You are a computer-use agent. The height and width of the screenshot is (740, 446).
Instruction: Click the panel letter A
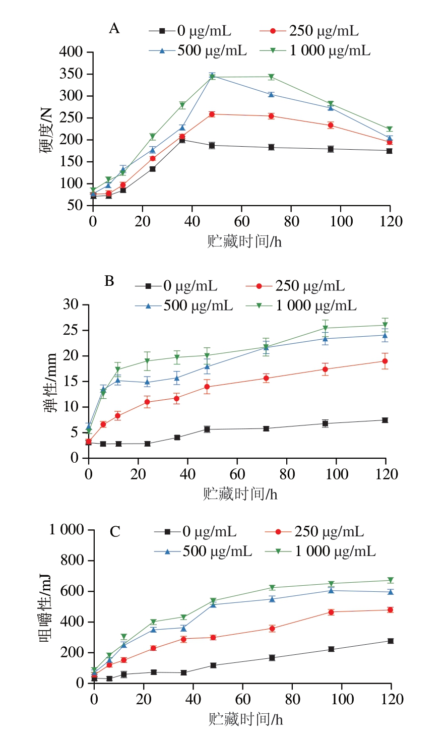click(x=114, y=29)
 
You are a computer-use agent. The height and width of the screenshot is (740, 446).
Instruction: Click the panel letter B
click(x=109, y=281)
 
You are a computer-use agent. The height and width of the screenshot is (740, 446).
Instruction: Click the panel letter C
click(x=115, y=532)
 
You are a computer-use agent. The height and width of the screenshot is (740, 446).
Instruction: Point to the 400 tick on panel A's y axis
click(x=71, y=52)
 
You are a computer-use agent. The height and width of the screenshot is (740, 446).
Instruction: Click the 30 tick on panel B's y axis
click(x=71, y=304)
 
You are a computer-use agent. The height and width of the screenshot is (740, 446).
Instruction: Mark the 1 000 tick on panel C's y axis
click(x=66, y=530)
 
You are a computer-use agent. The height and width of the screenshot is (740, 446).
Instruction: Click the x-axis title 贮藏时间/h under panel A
click(x=244, y=241)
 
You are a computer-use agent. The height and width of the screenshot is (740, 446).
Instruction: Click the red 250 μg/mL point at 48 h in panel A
click(x=212, y=114)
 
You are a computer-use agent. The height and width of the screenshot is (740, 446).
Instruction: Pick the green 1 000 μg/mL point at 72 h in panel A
click(x=271, y=77)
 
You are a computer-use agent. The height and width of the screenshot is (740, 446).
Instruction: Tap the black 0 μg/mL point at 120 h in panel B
click(x=385, y=420)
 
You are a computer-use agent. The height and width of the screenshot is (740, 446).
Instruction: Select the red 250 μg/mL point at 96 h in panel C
click(x=331, y=612)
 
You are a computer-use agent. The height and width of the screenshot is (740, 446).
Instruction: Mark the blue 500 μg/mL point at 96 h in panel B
click(x=326, y=339)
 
